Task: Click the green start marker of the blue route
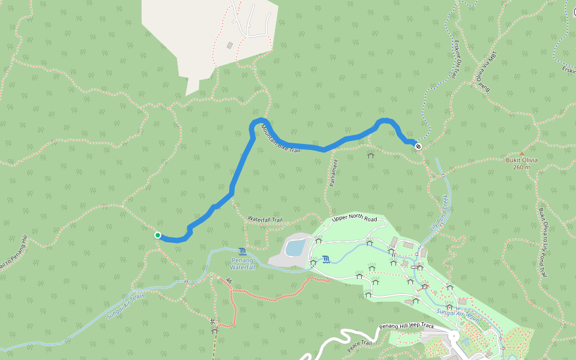(x=157, y=235)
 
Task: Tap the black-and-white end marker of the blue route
(x=418, y=146)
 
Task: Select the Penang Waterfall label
(x=242, y=263)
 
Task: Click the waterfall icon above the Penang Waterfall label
(x=242, y=251)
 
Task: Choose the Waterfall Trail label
(x=265, y=220)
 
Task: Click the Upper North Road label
(x=354, y=219)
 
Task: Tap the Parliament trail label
(x=334, y=173)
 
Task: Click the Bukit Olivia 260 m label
(x=521, y=163)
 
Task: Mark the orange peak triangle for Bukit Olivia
(x=521, y=154)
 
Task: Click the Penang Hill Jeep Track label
(x=406, y=326)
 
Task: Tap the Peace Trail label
(x=359, y=346)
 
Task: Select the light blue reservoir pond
(x=295, y=247)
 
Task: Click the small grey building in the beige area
(x=230, y=45)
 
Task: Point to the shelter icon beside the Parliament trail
(x=370, y=155)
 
